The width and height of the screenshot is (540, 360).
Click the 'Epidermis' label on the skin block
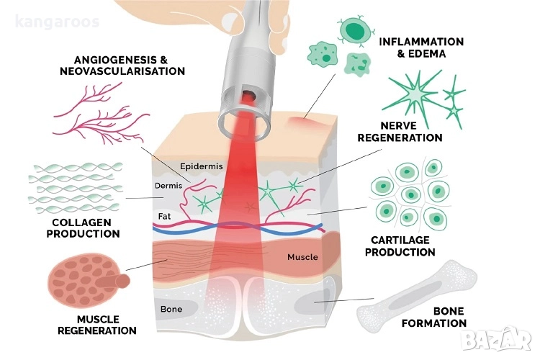pos(201,166)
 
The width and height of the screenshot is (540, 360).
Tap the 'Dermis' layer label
pos(168,186)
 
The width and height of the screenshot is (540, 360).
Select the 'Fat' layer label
pos(165,215)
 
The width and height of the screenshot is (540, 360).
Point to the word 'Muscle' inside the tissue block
pos(302,257)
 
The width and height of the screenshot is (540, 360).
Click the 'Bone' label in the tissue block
pos(171,310)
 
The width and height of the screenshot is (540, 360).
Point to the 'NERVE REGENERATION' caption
pos(400,130)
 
